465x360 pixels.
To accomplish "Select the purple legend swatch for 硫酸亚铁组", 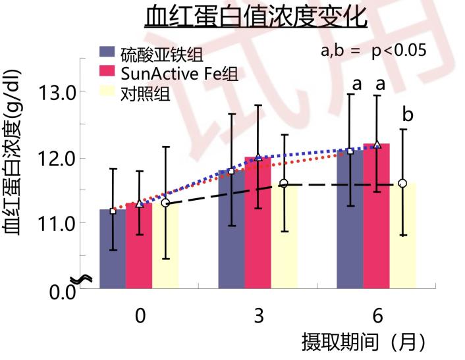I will click(x=108, y=52).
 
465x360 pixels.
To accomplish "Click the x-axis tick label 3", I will click(x=258, y=317).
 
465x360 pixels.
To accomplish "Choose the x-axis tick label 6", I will click(x=377, y=317).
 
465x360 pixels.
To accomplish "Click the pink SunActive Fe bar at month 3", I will click(x=258, y=224).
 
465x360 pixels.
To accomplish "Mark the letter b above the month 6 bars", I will click(x=408, y=115).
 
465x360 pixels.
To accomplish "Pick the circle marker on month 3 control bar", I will click(x=284, y=184).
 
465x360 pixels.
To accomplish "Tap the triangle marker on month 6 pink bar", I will click(x=377, y=144).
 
